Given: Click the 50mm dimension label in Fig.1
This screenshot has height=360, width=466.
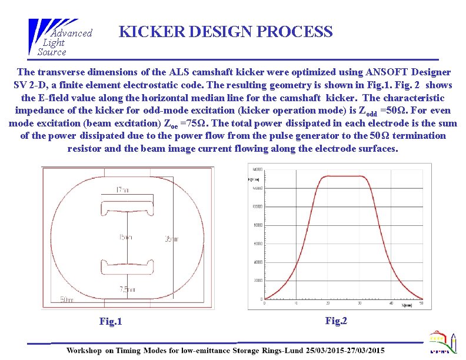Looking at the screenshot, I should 66,299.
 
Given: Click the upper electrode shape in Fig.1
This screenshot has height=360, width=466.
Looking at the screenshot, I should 128,208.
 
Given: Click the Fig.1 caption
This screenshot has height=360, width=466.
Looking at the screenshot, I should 111,321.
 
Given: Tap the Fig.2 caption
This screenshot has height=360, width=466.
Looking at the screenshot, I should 336,321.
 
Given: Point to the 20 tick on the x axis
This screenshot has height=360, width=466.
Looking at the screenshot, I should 327,304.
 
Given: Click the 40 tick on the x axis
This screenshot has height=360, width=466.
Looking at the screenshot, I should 391,304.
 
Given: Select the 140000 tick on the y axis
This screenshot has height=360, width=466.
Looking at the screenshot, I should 257,168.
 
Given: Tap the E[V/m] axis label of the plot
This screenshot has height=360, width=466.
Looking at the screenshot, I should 255,178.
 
